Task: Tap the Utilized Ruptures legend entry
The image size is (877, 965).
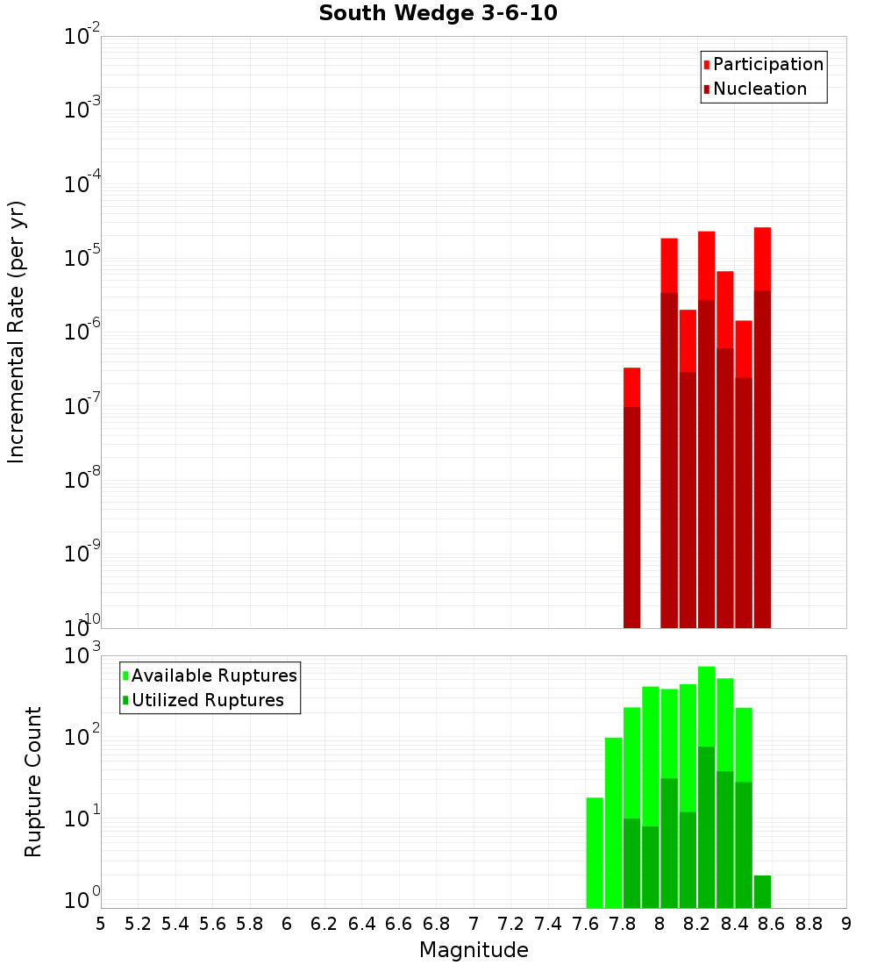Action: point(207,700)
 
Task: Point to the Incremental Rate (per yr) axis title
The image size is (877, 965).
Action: point(17,332)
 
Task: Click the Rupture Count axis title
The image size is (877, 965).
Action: point(33,782)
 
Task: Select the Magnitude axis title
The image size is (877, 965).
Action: point(474,950)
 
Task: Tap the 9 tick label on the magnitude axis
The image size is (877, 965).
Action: point(846,924)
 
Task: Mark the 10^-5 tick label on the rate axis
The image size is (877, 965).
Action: point(82,258)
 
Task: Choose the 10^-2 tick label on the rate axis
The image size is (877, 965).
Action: point(82,37)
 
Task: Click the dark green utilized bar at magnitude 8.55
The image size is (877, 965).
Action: point(762,891)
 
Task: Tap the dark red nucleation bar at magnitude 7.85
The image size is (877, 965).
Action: point(631,518)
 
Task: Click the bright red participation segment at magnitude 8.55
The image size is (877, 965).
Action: point(762,259)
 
